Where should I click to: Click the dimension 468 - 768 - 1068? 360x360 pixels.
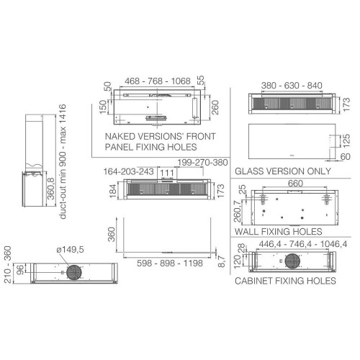click(x=158, y=81)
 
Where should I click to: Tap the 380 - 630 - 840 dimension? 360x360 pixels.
click(x=292, y=86)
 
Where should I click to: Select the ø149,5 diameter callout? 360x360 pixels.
click(x=70, y=250)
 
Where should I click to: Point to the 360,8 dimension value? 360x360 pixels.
click(x=51, y=189)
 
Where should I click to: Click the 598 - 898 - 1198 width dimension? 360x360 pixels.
click(x=170, y=263)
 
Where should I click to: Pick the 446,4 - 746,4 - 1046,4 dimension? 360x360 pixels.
click(x=303, y=244)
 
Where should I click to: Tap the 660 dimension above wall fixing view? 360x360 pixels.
click(x=295, y=184)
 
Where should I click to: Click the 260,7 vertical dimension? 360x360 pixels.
click(x=237, y=211)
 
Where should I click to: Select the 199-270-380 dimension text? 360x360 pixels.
click(x=202, y=163)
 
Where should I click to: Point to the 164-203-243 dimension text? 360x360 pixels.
click(x=128, y=171)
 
